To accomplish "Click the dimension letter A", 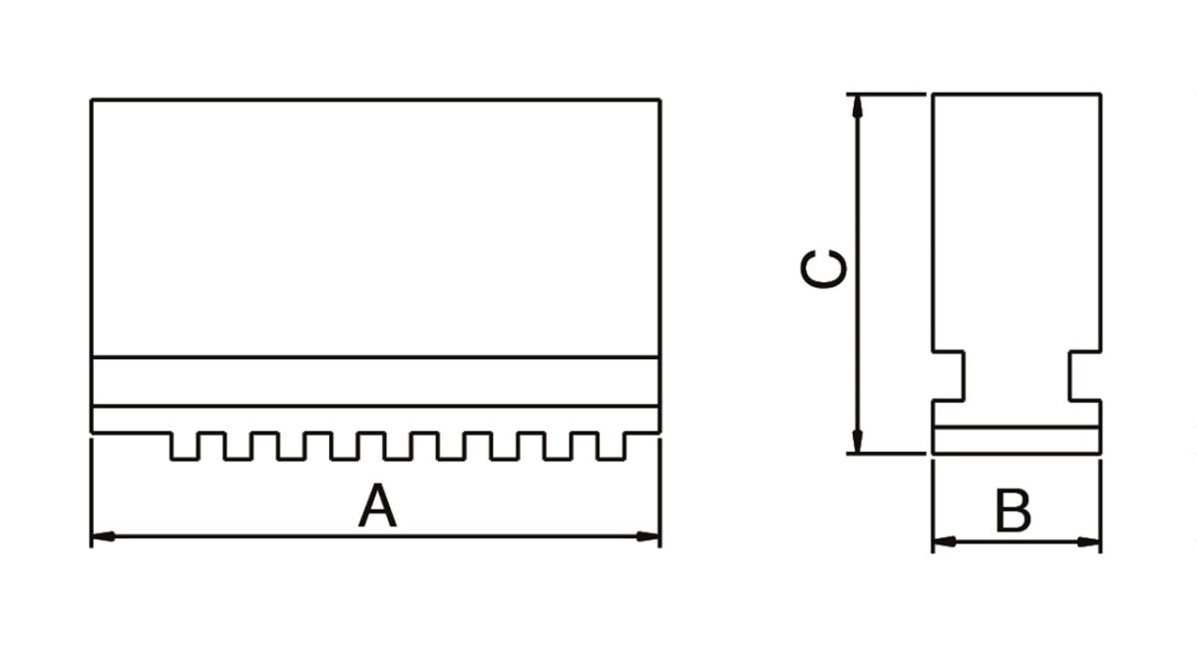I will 377,505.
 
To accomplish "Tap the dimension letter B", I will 1013,512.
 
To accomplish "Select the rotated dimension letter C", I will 825,269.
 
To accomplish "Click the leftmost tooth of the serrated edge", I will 184,446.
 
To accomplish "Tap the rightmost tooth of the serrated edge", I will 611,446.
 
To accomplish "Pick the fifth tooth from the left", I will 397,446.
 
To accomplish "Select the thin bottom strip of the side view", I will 1016,440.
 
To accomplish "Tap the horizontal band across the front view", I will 375,381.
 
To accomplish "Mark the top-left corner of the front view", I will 92,100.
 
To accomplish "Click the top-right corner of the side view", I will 1100,95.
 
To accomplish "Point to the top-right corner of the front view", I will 659,100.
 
